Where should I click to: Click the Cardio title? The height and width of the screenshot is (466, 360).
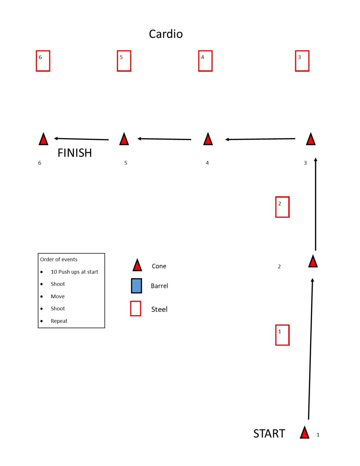[166, 34]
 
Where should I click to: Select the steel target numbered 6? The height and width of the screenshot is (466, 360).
[36, 61]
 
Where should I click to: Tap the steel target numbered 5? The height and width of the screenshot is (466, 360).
[117, 61]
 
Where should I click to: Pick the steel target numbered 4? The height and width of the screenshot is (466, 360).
[199, 61]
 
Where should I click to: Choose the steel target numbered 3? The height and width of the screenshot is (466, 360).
[295, 61]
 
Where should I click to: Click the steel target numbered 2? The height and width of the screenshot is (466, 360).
[276, 207]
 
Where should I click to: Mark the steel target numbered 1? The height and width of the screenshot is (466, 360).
[276, 335]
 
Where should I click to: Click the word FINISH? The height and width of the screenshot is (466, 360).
[75, 153]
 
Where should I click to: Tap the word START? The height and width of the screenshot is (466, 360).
[269, 434]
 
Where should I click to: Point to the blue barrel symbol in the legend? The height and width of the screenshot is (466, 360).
[136, 286]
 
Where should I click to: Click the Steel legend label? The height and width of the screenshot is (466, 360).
[159, 309]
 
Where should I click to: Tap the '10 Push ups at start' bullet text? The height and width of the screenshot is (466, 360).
[74, 272]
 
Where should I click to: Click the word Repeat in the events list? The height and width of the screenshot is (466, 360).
[59, 321]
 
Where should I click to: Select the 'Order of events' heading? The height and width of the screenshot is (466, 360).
[59, 259]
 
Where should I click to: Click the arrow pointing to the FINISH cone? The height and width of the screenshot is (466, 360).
[81, 139]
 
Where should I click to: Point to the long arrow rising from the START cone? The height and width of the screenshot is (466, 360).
[311, 349]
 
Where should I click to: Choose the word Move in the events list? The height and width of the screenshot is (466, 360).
[58, 296]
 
